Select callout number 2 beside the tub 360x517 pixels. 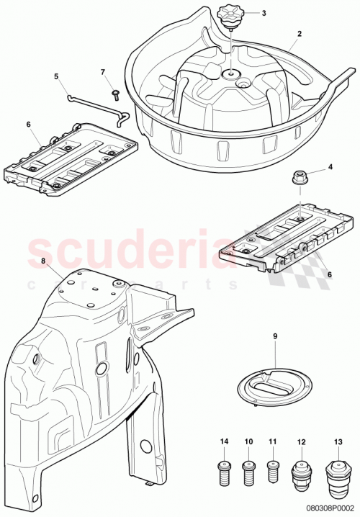[299, 34]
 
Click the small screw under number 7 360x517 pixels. [114, 94]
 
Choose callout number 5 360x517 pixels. [56, 76]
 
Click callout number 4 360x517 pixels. [330, 168]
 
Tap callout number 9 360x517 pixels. [275, 336]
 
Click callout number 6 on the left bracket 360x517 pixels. [28, 125]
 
